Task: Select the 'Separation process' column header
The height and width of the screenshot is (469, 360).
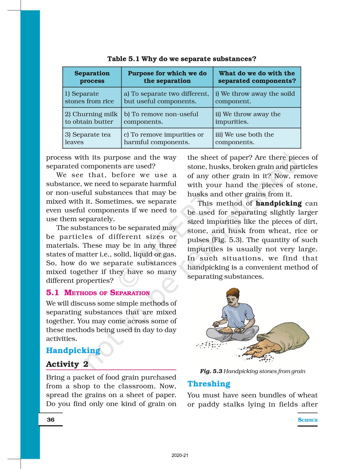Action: point(92,77)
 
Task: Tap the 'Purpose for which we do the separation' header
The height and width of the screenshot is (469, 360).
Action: point(167,77)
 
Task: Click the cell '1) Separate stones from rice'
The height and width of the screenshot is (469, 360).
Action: point(89,97)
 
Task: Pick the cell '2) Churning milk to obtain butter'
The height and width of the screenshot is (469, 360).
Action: point(91,118)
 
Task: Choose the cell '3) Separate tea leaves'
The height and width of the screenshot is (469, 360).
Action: point(88,138)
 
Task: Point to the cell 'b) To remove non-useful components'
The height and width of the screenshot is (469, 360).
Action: point(161,118)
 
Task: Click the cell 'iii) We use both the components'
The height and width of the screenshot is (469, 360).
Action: point(244,138)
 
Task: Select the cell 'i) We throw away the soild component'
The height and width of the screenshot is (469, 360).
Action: point(255,97)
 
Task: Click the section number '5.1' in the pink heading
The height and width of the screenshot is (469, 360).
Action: point(52,293)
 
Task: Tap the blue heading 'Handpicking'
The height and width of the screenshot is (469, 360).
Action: point(73,350)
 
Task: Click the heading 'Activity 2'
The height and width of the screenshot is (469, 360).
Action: point(67,364)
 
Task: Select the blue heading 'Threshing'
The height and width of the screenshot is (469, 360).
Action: point(209,384)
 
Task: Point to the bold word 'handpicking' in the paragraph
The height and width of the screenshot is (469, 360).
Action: point(279,203)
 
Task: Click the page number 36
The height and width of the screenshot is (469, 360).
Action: point(51,420)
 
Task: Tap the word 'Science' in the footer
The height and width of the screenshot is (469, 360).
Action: point(308,420)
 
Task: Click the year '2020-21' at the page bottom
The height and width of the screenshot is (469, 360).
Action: point(180,456)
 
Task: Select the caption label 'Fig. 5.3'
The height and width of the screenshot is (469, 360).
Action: point(211,371)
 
